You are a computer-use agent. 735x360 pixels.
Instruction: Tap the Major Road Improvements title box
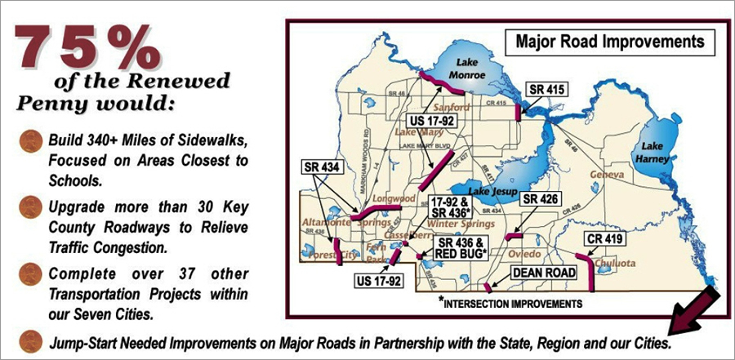pyautogui.click(x=610, y=41)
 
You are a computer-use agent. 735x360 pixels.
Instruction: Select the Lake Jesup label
pyautogui.click(x=492, y=191)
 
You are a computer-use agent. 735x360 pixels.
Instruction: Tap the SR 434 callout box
pyautogui.click(x=319, y=167)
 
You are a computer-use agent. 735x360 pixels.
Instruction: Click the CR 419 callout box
pyautogui.click(x=604, y=240)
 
